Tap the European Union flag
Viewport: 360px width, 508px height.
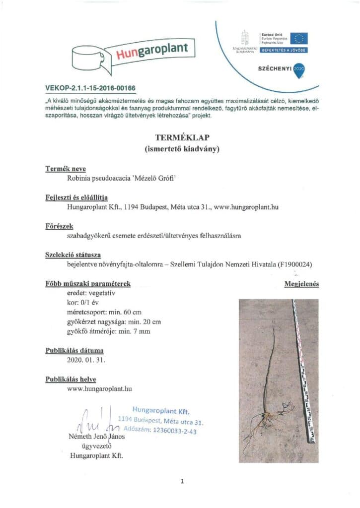pos(299,38)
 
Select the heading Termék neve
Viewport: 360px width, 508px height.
pos(66,169)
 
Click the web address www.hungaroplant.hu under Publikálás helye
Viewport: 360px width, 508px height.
pos(99,388)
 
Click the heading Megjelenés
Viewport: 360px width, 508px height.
pos(301,284)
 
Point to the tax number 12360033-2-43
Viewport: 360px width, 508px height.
pos(170,431)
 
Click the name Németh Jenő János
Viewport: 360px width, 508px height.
pos(97,438)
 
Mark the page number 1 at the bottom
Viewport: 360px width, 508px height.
pos(182,481)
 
